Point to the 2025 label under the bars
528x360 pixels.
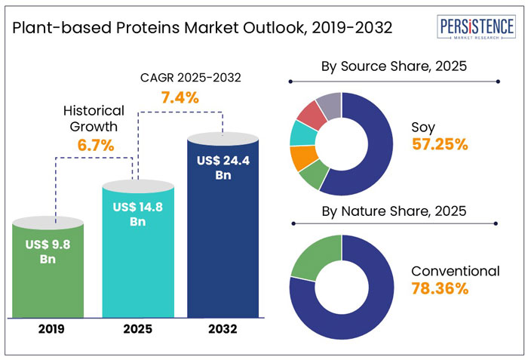(137, 330)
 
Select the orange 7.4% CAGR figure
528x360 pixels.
(180, 97)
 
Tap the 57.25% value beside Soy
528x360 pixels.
(441, 143)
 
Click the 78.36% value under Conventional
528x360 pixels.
(441, 288)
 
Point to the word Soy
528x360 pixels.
(423, 126)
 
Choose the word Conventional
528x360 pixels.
(455, 271)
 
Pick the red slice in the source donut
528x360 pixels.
(307, 113)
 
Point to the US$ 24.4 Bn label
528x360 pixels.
(222, 168)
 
